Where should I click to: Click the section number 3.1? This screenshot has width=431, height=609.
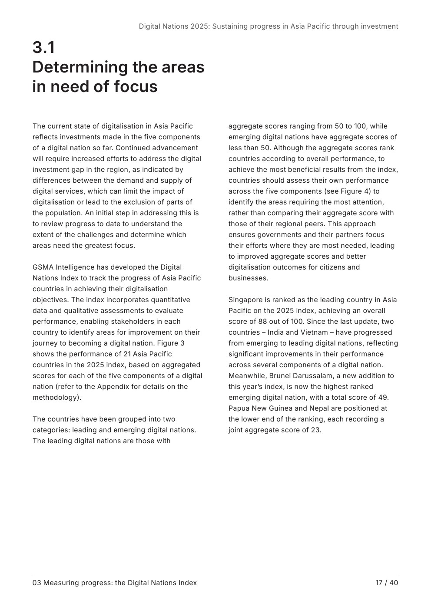click(x=44, y=47)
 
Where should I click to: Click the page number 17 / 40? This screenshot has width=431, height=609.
click(x=387, y=583)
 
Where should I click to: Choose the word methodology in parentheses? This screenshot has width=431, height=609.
click(x=56, y=398)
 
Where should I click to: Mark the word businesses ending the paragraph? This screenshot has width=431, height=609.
click(x=248, y=278)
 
